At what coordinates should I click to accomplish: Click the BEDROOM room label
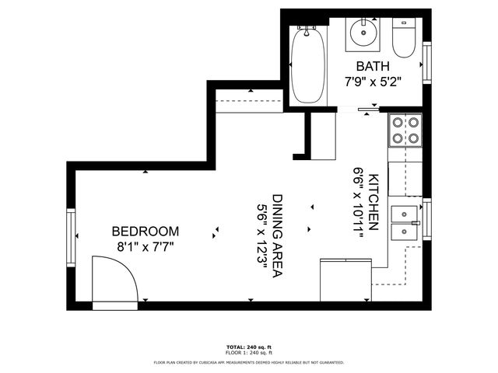146,232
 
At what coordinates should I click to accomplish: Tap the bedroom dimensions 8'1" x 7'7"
146,247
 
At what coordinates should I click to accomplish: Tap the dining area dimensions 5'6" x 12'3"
262,232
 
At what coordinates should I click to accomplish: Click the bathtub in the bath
310,65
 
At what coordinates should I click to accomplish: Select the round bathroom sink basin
363,33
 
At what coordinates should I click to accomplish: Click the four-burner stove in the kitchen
405,131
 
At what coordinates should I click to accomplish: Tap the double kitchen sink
405,222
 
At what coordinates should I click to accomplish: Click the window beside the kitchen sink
426,222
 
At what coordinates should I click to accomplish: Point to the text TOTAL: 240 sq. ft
248,347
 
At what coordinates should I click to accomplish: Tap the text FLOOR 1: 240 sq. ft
248,354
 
